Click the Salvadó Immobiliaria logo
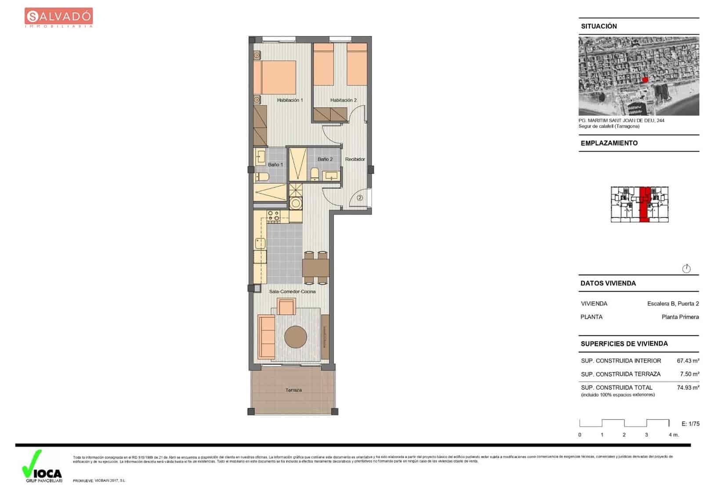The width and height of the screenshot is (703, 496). click(x=58, y=18)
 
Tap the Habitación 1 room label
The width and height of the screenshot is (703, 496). click(x=290, y=100)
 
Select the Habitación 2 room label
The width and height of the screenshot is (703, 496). click(x=343, y=100)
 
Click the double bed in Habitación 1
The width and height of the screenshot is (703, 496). click(x=275, y=77)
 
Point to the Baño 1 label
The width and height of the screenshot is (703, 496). click(x=275, y=165)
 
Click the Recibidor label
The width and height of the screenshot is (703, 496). click(x=355, y=159)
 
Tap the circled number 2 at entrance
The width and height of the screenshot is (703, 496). click(x=360, y=198)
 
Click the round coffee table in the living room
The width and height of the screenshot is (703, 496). click(x=295, y=337)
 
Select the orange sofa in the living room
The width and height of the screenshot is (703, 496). click(x=266, y=336)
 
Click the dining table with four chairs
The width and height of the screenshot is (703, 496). click(x=315, y=267)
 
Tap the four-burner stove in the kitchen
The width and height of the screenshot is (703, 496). click(x=273, y=216)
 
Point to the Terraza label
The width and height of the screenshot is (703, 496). click(x=293, y=390)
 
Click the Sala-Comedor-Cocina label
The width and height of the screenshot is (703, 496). click(x=292, y=291)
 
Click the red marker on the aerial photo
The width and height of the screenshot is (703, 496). click(x=645, y=79)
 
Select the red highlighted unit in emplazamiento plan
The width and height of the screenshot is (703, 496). click(x=645, y=205)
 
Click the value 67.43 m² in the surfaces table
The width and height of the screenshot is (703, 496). click(x=688, y=361)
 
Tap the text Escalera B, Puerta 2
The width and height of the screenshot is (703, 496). click(x=673, y=304)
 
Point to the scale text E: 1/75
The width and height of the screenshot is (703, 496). click(x=690, y=424)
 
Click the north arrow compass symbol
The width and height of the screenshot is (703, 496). click(x=686, y=269)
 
